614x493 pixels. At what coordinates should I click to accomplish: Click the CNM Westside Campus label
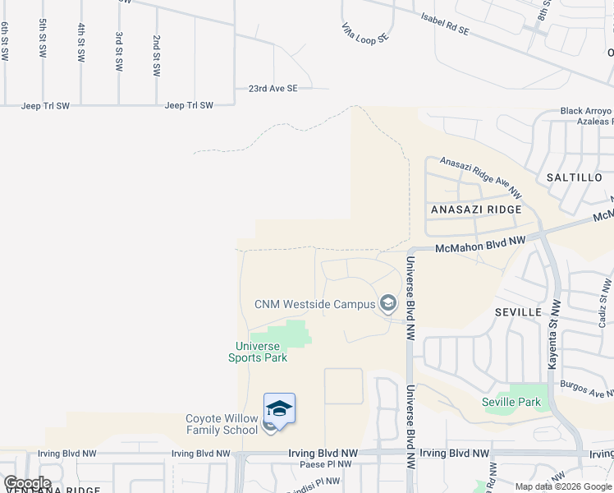click(x=314, y=304)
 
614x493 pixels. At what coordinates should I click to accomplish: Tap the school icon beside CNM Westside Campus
click(x=388, y=305)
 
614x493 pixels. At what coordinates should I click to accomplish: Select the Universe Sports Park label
click(x=257, y=352)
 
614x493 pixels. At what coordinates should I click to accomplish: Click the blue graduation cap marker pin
click(x=279, y=409)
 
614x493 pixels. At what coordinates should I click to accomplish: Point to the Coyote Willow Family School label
click(x=221, y=424)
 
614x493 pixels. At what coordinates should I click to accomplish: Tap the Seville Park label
click(x=511, y=402)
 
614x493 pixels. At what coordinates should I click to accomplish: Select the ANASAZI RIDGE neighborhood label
click(x=476, y=210)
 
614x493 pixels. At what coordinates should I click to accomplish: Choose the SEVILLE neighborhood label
click(x=518, y=312)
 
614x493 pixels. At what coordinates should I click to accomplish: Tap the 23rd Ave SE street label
click(x=273, y=88)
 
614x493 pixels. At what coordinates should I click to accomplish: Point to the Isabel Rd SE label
click(x=444, y=23)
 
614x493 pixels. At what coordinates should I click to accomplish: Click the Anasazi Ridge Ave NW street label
click(x=480, y=177)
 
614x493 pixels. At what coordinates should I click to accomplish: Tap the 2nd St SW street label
click(x=156, y=56)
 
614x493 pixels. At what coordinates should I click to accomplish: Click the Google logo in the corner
click(x=27, y=483)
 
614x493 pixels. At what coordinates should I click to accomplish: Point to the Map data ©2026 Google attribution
click(x=563, y=487)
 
